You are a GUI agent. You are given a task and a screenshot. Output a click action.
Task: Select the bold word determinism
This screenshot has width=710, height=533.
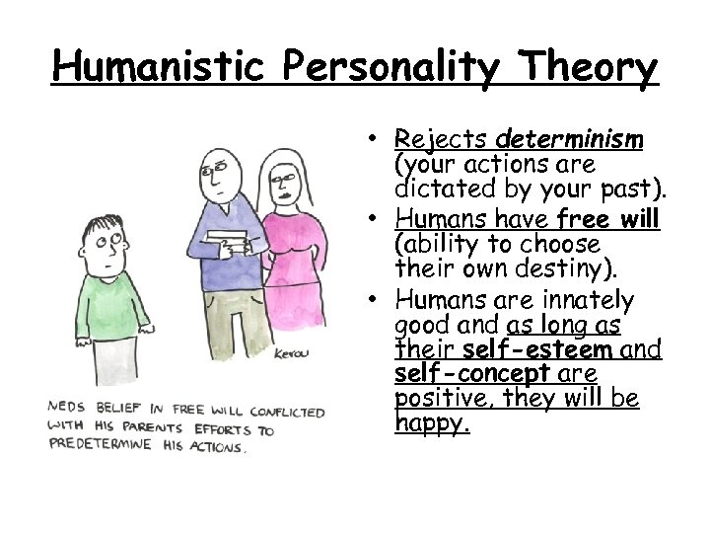pyautogui.click(x=571, y=138)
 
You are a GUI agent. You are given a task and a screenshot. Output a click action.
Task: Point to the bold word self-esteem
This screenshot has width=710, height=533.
pyautogui.click(x=537, y=348)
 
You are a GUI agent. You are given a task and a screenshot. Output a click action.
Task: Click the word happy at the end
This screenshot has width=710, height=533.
pyautogui.click(x=430, y=424)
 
